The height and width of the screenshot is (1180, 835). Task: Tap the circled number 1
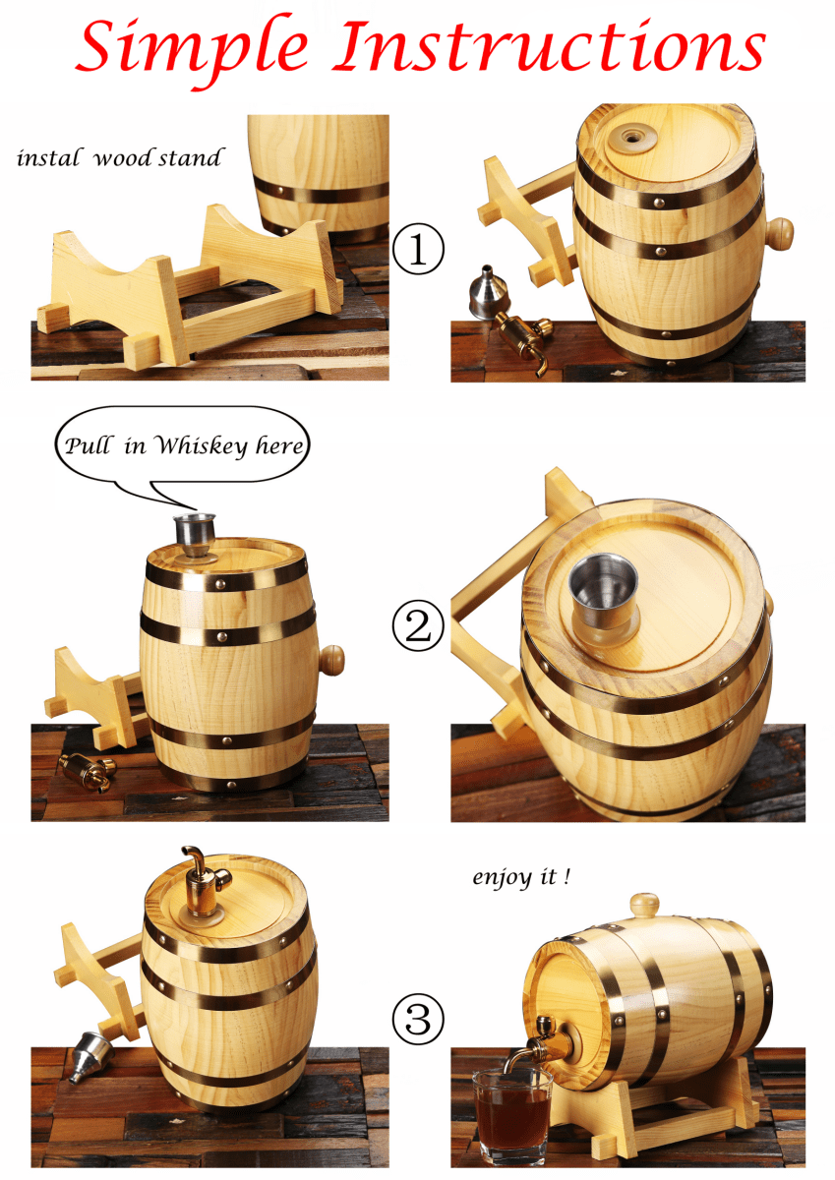coord(417,250)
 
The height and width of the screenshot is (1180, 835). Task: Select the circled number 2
coord(417,626)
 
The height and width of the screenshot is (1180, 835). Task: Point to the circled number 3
coord(417,1019)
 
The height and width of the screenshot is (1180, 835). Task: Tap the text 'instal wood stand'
coord(118,158)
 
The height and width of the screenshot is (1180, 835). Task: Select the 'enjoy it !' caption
coord(520,877)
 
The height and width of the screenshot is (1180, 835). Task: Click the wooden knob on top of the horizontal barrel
coord(643,905)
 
